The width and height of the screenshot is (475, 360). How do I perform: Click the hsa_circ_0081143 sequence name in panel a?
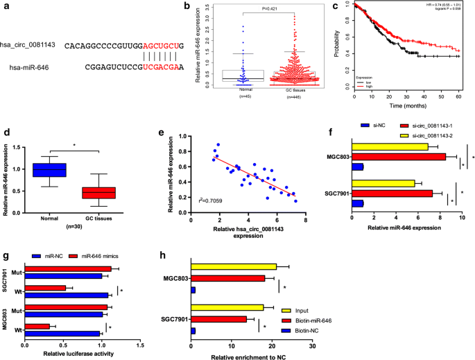(x=30, y=45)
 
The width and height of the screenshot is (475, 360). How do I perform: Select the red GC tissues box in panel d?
(x=98, y=192)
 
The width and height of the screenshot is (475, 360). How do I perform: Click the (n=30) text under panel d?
(x=75, y=225)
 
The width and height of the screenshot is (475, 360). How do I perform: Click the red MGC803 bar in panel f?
(x=399, y=157)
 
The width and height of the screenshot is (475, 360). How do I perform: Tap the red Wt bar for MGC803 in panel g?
(x=40, y=325)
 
